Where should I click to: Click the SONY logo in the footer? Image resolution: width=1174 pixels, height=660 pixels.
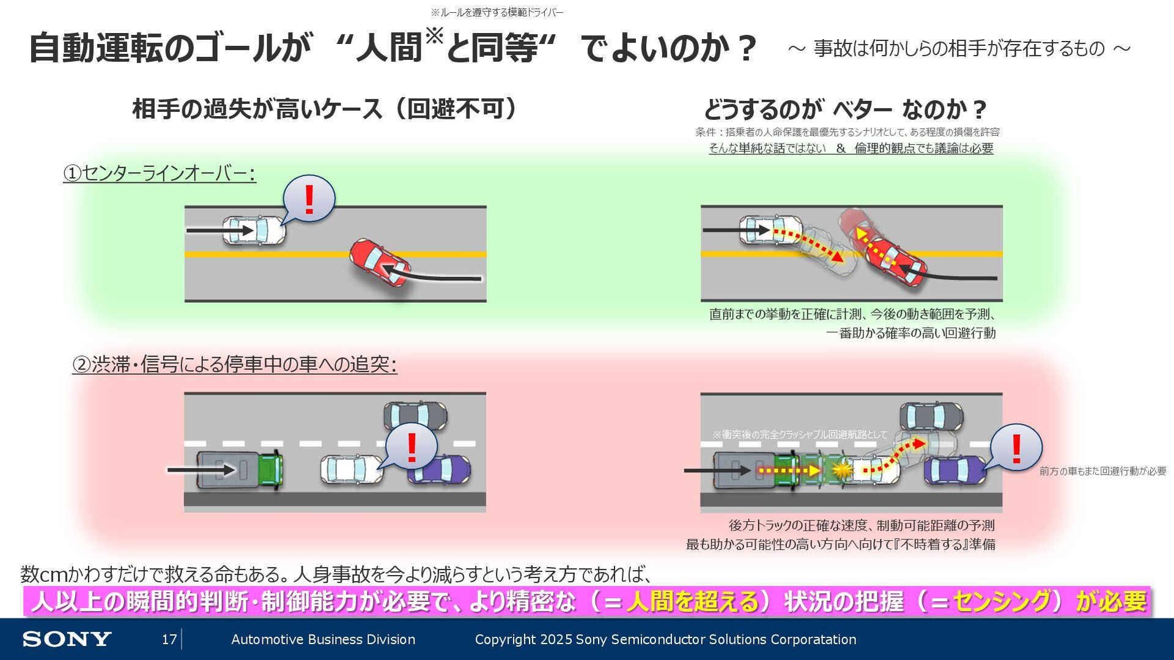tap(67, 639)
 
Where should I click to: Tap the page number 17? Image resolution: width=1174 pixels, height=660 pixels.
tap(169, 639)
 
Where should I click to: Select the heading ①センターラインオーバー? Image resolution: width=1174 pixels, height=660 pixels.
tap(160, 174)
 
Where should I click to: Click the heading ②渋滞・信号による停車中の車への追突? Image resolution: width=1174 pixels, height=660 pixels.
tap(235, 365)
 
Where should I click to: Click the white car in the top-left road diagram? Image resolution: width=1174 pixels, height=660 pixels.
tap(253, 231)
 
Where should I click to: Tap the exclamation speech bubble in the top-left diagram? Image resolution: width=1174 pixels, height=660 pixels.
tap(309, 199)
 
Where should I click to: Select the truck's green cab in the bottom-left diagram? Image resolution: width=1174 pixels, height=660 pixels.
tap(270, 470)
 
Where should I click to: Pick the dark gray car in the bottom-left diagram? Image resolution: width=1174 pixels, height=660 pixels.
tap(415, 415)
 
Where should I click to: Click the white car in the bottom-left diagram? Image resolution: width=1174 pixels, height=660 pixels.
tap(351, 470)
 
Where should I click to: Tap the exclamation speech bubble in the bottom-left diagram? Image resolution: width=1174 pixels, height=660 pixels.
tap(412, 447)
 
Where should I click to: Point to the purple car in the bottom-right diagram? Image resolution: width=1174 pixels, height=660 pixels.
tap(954, 470)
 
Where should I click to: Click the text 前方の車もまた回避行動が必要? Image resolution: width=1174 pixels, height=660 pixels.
tap(1102, 471)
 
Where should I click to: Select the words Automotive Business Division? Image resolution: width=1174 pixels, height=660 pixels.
tap(323, 639)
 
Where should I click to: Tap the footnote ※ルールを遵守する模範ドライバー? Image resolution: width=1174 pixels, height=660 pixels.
tap(497, 12)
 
